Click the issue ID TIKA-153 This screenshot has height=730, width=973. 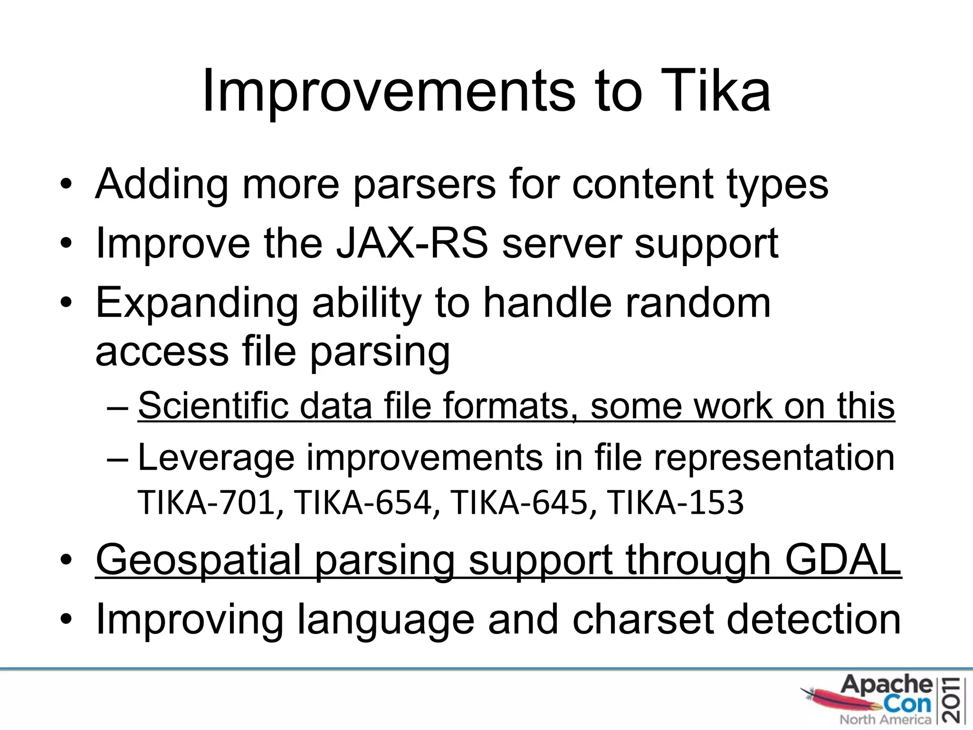675,503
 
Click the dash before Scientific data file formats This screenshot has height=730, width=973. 118,408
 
